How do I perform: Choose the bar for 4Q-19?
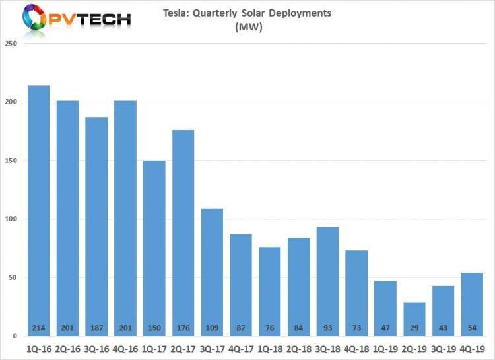tap(472, 304)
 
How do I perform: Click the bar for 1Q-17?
tap(154, 248)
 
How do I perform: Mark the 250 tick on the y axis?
tap(11, 44)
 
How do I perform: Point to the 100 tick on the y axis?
tap(11, 219)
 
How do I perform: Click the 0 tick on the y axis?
tap(15, 336)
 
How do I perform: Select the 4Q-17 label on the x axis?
tap(241, 347)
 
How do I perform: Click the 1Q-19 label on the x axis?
tap(385, 347)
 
